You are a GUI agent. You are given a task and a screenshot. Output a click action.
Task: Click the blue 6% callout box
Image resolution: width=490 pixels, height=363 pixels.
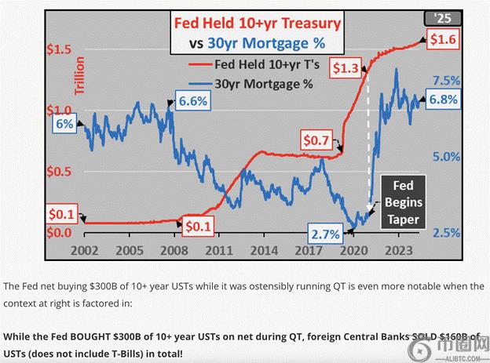point(63,125)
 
